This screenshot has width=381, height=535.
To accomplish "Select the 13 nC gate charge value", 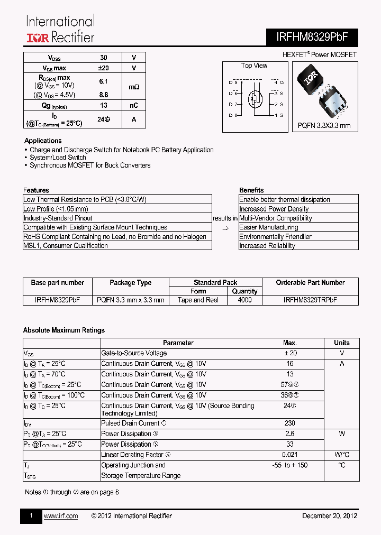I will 104,105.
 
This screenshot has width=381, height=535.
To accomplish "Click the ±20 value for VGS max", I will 104,68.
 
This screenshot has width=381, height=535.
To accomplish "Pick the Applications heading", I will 43,141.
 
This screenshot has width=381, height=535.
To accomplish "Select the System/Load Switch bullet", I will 58,158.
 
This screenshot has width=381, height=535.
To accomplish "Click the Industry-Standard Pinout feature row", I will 58,218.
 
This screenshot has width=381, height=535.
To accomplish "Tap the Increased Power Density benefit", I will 274,209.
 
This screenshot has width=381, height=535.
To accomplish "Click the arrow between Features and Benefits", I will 225,228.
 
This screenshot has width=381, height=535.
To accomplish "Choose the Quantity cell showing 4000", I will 245,300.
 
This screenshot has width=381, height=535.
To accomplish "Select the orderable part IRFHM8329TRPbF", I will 310,300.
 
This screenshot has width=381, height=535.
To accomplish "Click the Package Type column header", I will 130,283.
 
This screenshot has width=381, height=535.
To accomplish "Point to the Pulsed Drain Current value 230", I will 289,423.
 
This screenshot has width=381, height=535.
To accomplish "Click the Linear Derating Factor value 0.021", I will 289,455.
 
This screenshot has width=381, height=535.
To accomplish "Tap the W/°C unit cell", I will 342,455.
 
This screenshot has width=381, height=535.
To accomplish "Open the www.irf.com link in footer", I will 61,516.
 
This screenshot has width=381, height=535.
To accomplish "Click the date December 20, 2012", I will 329,516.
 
